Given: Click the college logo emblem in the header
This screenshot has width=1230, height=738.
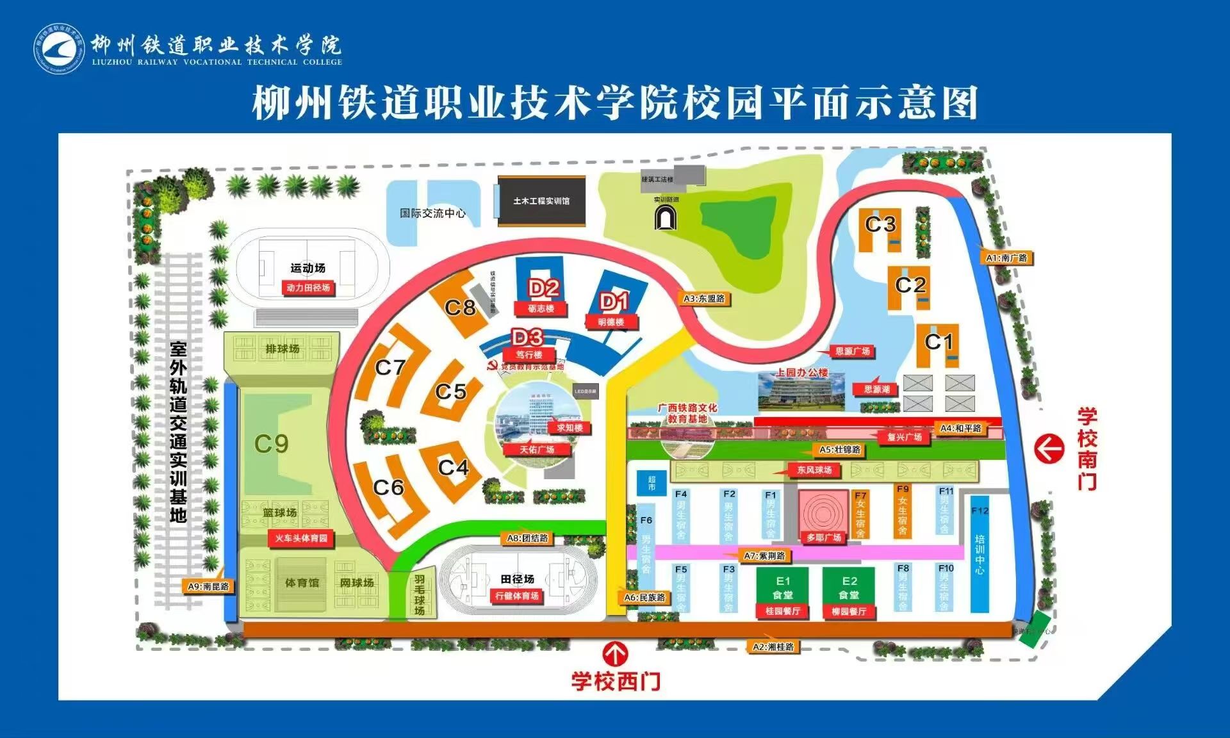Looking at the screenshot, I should tap(58, 49).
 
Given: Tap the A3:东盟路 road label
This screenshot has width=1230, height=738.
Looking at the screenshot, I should tap(704, 299).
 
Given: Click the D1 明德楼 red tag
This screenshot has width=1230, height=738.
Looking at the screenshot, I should tap(611, 322).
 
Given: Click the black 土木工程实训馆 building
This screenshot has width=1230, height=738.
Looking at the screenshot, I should tap(541, 201).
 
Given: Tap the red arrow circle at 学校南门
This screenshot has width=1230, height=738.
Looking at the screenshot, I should tap(1049, 448).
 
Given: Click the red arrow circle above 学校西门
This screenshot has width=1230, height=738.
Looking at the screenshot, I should tap(616, 654).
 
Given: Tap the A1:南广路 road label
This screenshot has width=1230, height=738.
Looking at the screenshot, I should tap(1006, 258).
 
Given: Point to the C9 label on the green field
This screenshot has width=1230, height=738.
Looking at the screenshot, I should tap(272, 443).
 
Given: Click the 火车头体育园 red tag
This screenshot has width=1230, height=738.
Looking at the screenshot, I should tap(301, 538).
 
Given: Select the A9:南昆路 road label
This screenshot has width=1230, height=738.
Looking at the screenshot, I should tap(208, 586).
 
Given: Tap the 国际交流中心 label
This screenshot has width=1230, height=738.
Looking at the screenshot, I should tap(432, 213).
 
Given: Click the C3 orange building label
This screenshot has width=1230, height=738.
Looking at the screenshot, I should tap(880, 225).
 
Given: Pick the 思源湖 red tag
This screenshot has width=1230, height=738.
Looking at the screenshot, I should tap(876, 389).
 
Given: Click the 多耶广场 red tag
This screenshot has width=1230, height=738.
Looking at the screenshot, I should tap(824, 537).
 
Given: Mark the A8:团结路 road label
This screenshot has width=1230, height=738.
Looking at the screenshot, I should tap(527, 538).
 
